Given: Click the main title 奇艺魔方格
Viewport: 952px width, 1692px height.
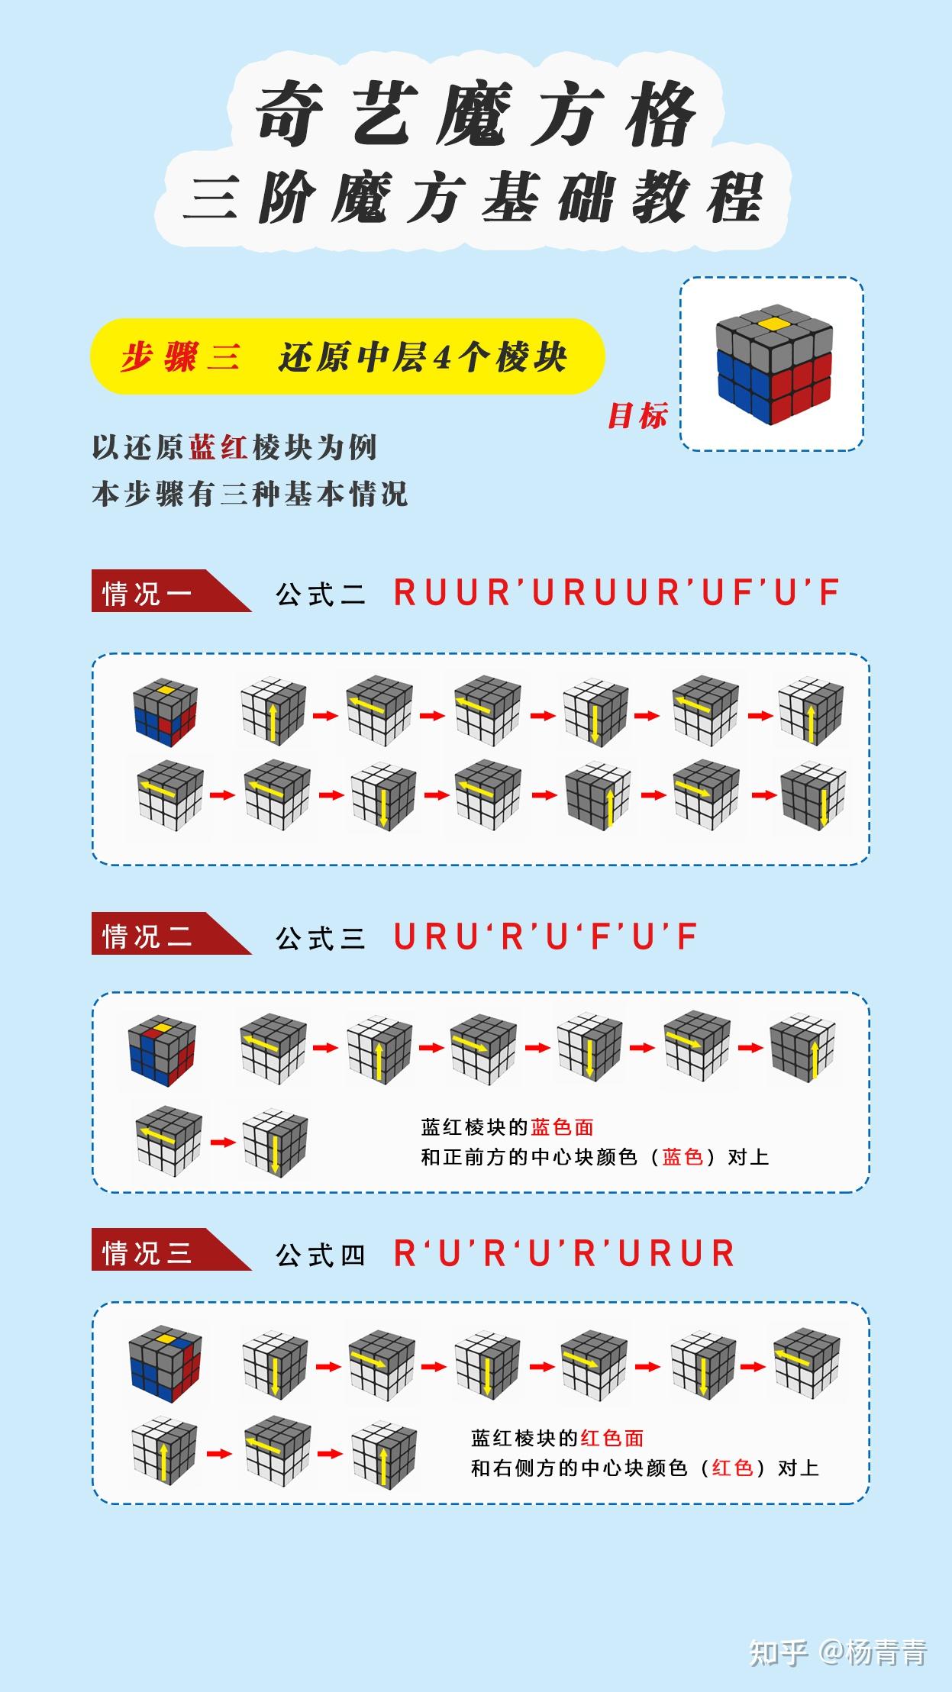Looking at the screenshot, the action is tap(475, 115).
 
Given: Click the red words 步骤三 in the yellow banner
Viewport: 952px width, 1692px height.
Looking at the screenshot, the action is tap(180, 356).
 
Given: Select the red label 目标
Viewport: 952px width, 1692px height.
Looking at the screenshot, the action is tap(637, 415).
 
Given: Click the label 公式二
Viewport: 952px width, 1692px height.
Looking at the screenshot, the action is tap(321, 594).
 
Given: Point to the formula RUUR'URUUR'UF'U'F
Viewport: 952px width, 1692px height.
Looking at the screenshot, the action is tap(617, 592).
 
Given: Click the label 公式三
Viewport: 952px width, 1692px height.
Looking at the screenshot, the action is tap(321, 937).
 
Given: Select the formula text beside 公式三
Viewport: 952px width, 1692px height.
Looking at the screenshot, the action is tap(546, 936).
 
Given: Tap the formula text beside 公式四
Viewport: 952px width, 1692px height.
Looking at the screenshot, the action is tap(564, 1252).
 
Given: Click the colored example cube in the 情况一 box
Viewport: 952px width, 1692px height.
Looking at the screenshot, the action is tap(166, 711).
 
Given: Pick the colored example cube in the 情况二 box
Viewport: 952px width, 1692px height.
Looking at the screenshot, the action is tap(163, 1051).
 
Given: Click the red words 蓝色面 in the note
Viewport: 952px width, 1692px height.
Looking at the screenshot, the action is tap(563, 1126).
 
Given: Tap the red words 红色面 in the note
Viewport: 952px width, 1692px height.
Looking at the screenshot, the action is tap(612, 1438).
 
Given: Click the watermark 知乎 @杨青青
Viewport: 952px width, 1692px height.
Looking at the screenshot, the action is tap(837, 1652).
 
